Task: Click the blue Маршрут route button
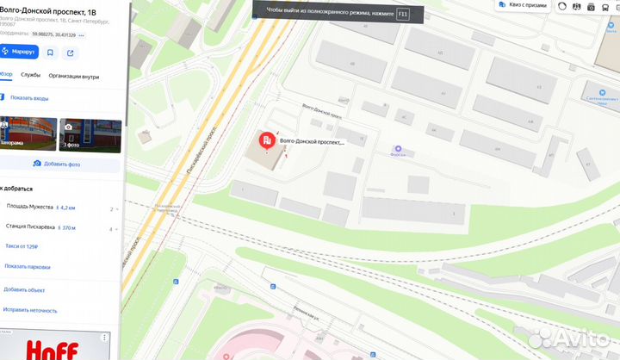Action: click(20, 52)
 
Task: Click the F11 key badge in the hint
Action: click(402, 15)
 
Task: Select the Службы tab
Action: click(31, 75)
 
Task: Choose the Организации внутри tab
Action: click(74, 75)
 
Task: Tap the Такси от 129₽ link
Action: click(22, 246)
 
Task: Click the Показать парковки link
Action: click(27, 266)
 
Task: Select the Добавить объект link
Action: click(23, 289)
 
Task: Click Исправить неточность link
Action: click(30, 310)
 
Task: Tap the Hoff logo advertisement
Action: click(56, 348)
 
